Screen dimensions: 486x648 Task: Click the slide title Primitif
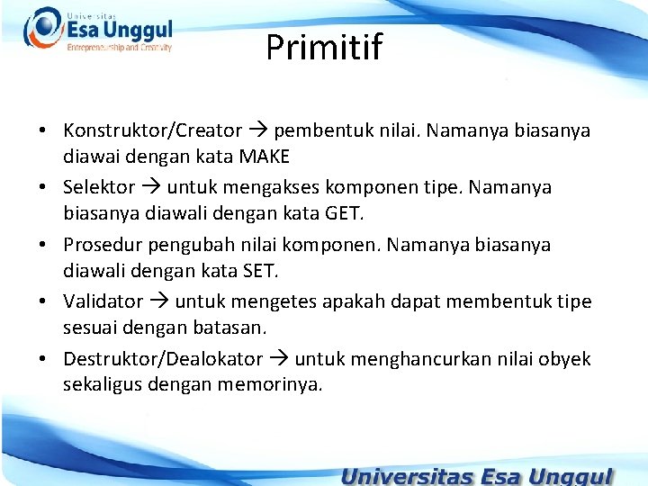(x=324, y=48)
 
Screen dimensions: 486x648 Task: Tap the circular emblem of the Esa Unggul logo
(x=42, y=28)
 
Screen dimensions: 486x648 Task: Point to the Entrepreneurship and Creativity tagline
(x=119, y=48)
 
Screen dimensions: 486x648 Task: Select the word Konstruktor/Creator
(x=152, y=130)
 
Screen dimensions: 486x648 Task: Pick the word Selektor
(x=99, y=188)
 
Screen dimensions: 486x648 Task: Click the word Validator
(x=103, y=301)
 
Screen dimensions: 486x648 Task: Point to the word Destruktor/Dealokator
(x=163, y=359)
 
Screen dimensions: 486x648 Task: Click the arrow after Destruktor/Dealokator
(x=278, y=360)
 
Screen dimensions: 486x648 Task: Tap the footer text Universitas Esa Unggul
(x=477, y=475)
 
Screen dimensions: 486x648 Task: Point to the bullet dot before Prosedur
(x=43, y=246)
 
